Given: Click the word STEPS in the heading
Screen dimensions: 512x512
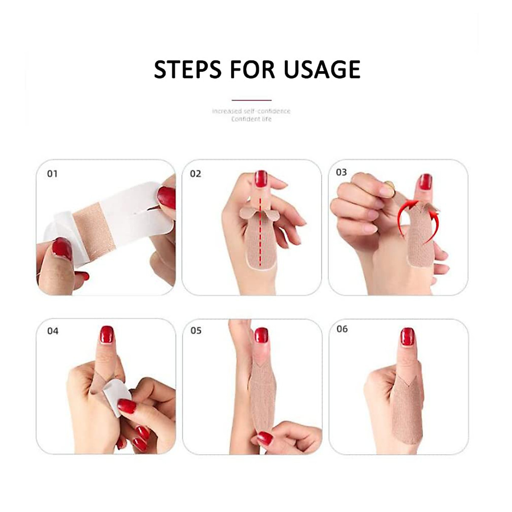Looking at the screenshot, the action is coord(188,70).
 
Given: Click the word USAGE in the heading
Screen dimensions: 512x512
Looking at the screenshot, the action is coord(322,70).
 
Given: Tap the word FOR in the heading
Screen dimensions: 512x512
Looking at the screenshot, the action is coord(253,70).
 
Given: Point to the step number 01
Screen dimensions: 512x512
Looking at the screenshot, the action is coord(52,174).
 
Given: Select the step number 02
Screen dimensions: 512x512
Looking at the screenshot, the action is coord(195,174).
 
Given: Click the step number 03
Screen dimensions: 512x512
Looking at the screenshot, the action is coord(341,172).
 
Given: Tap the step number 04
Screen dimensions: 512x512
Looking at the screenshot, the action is coord(52,331).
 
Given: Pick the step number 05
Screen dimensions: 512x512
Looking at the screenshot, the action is coord(196,331).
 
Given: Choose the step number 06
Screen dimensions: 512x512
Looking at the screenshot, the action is coord(342,329).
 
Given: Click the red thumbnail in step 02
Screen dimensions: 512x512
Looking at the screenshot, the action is coord(261,179).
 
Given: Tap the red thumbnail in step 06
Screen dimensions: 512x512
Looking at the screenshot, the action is coord(407,337).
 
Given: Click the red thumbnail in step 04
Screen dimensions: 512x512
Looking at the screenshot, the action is coord(107,335).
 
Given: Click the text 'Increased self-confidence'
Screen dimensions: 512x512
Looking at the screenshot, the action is coord(251,111).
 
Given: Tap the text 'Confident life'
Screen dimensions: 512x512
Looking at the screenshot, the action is coord(251,119).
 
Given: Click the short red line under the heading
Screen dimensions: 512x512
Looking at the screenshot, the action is coord(251,100).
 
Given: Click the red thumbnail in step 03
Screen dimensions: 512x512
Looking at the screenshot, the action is coord(425,182).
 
